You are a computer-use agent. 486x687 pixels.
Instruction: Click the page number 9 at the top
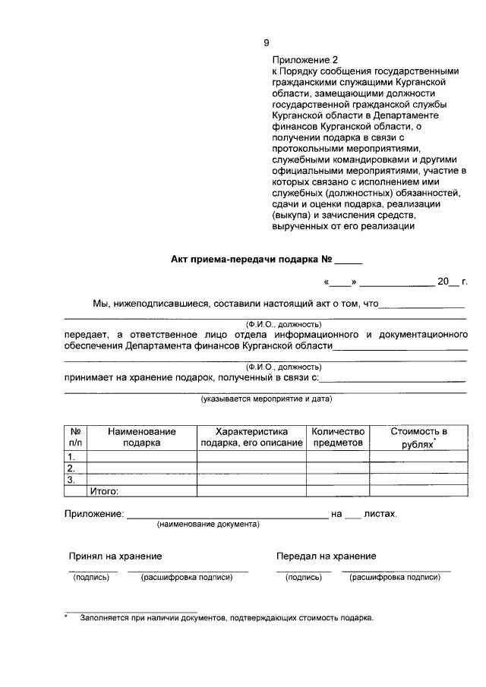(x=266, y=43)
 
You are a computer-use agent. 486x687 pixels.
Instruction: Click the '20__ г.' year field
(x=453, y=282)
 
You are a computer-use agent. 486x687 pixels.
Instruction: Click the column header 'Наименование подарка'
(x=141, y=436)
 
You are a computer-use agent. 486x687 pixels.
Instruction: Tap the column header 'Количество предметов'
(x=338, y=436)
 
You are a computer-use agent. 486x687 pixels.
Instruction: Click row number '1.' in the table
(x=72, y=456)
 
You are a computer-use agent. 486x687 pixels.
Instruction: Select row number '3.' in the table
(x=72, y=479)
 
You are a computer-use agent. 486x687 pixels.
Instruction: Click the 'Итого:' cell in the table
(x=105, y=490)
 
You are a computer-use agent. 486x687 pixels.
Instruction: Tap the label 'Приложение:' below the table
(x=93, y=515)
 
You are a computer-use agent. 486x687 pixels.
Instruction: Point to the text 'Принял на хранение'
(x=115, y=556)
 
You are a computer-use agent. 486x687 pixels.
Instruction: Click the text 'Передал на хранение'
(x=326, y=556)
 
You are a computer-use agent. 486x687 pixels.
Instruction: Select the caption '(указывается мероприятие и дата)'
(x=266, y=399)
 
